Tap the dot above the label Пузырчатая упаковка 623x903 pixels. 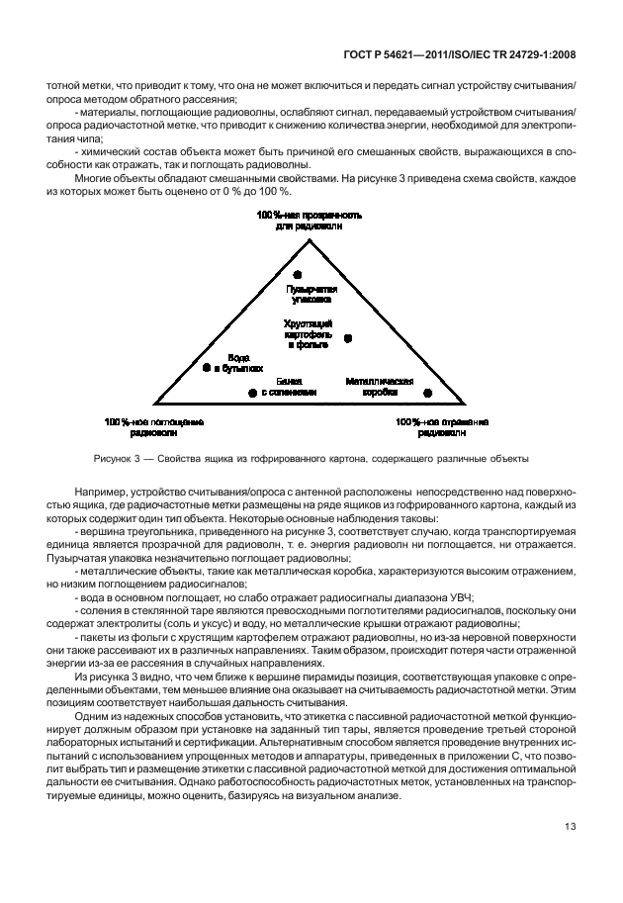click(298, 274)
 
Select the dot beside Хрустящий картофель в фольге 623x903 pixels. click(348, 338)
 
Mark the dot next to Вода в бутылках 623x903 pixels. click(207, 367)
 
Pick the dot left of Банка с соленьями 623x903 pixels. click(252, 393)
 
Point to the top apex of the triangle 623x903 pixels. click(311, 234)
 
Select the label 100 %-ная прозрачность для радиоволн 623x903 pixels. click(311, 220)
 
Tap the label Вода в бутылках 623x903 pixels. click(237, 362)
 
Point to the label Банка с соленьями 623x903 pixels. click(289, 386)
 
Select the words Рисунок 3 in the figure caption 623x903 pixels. click(118, 458)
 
